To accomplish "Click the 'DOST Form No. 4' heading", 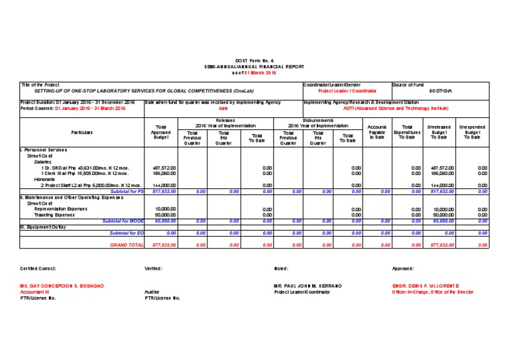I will [x=254, y=60].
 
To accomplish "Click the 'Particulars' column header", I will [x=82, y=133].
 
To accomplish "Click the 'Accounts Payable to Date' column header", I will [x=377, y=133].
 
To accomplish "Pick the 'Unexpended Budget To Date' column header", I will [x=472, y=133].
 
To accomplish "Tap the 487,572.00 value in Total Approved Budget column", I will [x=164, y=168].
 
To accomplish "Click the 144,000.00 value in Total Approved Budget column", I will [x=164, y=185].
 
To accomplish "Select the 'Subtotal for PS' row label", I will [x=127, y=191].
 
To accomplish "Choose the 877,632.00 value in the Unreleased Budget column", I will [x=441, y=245].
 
